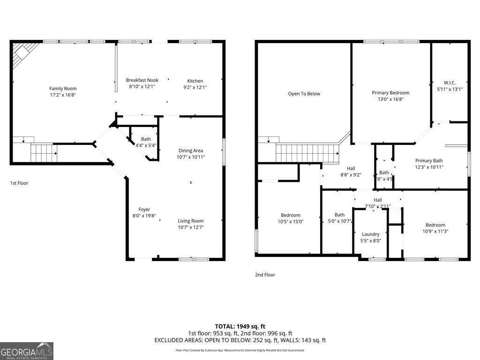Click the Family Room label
(x=63, y=89)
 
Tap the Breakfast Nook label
(x=142, y=80)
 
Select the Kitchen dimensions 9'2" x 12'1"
(x=195, y=87)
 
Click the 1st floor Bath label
(x=146, y=139)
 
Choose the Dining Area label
(x=190, y=150)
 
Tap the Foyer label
(x=144, y=210)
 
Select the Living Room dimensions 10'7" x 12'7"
(x=190, y=227)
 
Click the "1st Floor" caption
(x=19, y=183)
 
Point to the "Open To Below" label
(x=304, y=94)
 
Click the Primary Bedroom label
(x=390, y=93)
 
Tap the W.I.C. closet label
(x=449, y=82)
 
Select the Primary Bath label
(x=429, y=161)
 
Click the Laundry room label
(x=370, y=234)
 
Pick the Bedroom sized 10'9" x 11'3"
(x=435, y=225)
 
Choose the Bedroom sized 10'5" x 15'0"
(x=290, y=215)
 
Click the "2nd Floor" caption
(x=265, y=275)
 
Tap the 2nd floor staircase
(x=307, y=153)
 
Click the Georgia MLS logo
(x=27, y=351)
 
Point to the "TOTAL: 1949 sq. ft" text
(x=240, y=326)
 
